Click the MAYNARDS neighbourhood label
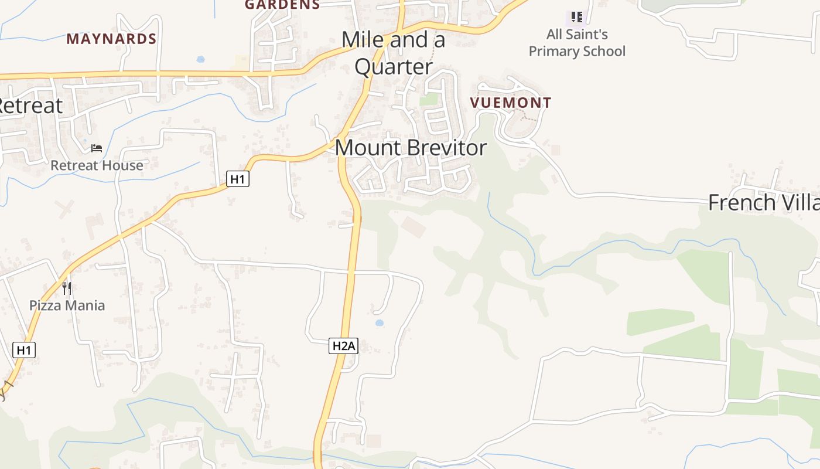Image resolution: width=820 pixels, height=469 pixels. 111,39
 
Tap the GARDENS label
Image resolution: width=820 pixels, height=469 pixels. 282,5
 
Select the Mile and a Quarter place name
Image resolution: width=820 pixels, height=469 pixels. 394,53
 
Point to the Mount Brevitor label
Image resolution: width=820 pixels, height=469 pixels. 411,147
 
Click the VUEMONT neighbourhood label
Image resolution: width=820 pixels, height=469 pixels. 510,103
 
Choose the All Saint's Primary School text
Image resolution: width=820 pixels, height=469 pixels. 577,43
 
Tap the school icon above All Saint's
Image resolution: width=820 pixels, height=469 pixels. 577,16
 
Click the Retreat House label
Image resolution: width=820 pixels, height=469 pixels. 97,165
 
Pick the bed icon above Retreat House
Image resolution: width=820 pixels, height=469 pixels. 97,148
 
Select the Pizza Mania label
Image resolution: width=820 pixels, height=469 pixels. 67,305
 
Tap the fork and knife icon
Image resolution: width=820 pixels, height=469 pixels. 67,288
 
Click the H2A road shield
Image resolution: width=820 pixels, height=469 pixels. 343,346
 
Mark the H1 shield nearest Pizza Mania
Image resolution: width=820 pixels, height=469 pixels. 24,350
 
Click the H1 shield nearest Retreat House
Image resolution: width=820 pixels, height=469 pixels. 238,179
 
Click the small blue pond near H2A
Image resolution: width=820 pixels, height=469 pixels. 379,323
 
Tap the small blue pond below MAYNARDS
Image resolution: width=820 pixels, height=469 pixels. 201,59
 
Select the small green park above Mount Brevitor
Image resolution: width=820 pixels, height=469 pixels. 429,99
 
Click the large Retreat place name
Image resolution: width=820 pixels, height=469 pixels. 29,106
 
